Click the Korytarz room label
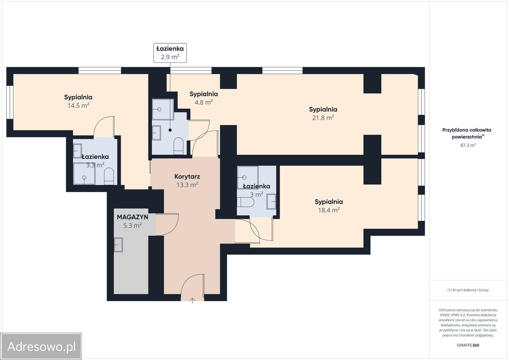coord(187,176)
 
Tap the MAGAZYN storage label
coord(132,217)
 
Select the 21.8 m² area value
coord(323,118)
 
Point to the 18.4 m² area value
coord(328,210)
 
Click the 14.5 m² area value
coord(78,105)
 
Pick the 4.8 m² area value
coord(204,102)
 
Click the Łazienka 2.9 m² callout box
coord(170,53)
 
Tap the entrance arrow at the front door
coord(192,300)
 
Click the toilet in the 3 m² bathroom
coord(245,202)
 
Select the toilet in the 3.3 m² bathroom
coord(109,176)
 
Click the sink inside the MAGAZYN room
coord(118,245)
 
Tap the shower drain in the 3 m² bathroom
coord(245,177)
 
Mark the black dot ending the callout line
coord(170,130)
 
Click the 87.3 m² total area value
coord(468,145)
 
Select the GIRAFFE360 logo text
coord(468,345)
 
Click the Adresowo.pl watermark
coord(41,346)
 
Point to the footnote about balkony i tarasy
coord(468,290)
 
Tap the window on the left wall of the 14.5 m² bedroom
coord(10,102)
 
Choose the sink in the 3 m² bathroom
coord(271,202)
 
